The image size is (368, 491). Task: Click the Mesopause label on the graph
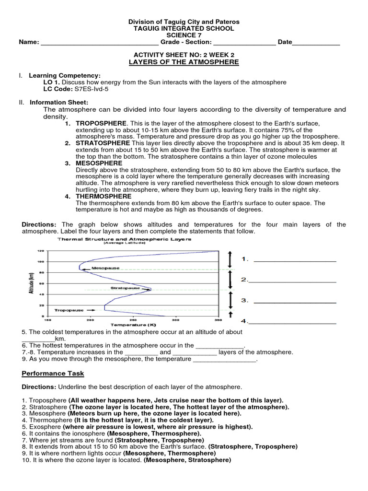coord(105,268)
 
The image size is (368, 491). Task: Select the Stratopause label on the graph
coord(125,288)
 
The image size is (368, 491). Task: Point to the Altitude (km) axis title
coord(32,283)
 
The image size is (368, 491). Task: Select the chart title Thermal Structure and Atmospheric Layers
coord(124,239)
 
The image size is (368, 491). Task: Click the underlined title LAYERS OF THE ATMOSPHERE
coord(184,62)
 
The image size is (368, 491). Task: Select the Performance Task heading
coord(53,373)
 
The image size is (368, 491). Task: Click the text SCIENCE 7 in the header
coord(184,35)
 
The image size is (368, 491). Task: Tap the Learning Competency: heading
coord(65,75)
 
